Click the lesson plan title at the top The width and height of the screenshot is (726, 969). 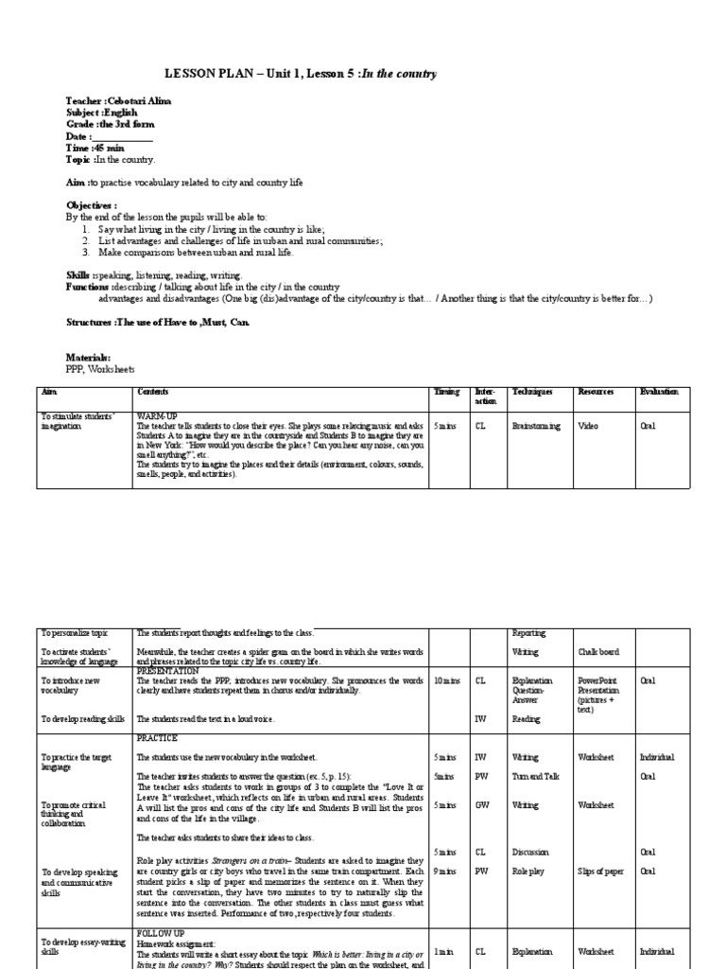click(301, 74)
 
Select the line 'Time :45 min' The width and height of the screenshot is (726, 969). click(95, 148)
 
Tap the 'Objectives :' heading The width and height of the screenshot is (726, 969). click(92, 204)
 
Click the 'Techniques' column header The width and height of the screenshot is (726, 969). click(532, 392)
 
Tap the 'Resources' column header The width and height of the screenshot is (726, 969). click(596, 392)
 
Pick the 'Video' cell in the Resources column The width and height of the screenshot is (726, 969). click(588, 427)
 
